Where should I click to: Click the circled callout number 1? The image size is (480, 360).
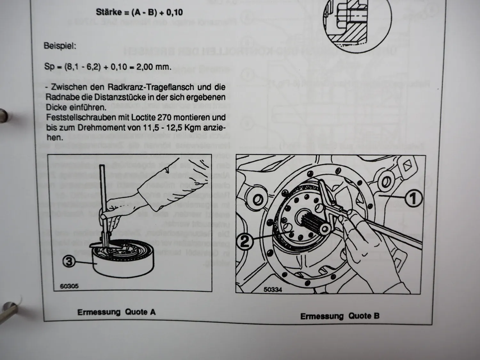coord(413,198)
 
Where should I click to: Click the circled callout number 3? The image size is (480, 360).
coord(69,261)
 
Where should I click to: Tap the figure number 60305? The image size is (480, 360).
coord(69,286)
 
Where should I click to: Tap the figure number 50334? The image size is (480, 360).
coord(273,290)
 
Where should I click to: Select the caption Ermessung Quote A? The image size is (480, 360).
coord(116,312)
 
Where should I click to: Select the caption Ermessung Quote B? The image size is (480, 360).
coord(340,316)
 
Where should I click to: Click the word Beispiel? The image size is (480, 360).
coord(60,46)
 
